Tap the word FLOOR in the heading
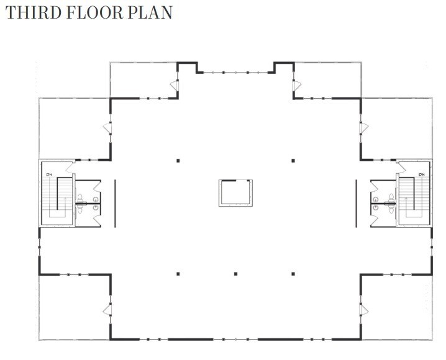(x=96, y=12)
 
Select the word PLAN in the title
(x=152, y=12)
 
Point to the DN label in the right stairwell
(x=422, y=175)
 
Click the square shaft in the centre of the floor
(x=235, y=192)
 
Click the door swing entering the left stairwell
(x=70, y=167)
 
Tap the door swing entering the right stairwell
(x=401, y=167)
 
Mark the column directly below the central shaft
(x=235, y=273)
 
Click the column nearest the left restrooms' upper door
(x=178, y=161)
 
